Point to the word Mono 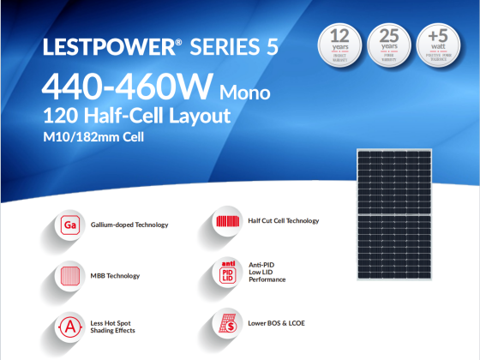[247, 90]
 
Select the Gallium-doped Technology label [129, 225]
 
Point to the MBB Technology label [115, 276]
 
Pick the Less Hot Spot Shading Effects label [112, 327]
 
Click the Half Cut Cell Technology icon [227, 221]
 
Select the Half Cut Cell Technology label [283, 221]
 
